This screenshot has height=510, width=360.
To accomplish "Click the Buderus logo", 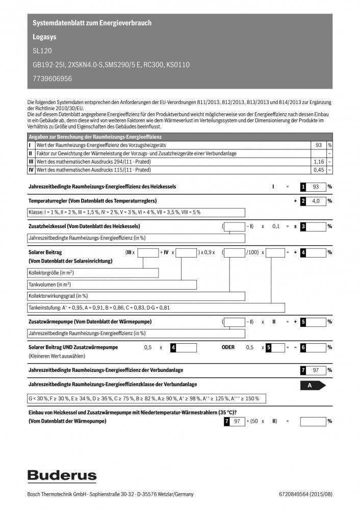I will pyautogui.click(x=62, y=476).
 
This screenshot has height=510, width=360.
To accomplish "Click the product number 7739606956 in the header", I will pyautogui.click(x=52, y=79).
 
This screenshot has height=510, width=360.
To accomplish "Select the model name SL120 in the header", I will pyautogui.click(x=42, y=51).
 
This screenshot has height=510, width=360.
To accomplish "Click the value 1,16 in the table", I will pyautogui.click(x=319, y=161).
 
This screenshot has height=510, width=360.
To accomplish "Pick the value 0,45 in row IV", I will pyautogui.click(x=319, y=169).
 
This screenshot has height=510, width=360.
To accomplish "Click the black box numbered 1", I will pyautogui.click(x=303, y=187).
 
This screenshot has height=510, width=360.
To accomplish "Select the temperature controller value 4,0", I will pyautogui.click(x=316, y=201).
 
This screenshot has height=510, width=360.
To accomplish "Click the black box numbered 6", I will pyautogui.click(x=303, y=347).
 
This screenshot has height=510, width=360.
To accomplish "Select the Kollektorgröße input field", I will pyautogui.click(x=92, y=273).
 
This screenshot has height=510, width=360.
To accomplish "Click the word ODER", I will pyautogui.click(x=228, y=347).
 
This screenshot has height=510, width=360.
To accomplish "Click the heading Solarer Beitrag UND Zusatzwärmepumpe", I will pyautogui.click(x=73, y=347).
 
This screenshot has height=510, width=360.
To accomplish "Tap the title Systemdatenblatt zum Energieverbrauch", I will pyautogui.click(x=92, y=23).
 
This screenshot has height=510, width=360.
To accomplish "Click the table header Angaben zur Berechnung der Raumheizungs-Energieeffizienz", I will pyautogui.click(x=95, y=137).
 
